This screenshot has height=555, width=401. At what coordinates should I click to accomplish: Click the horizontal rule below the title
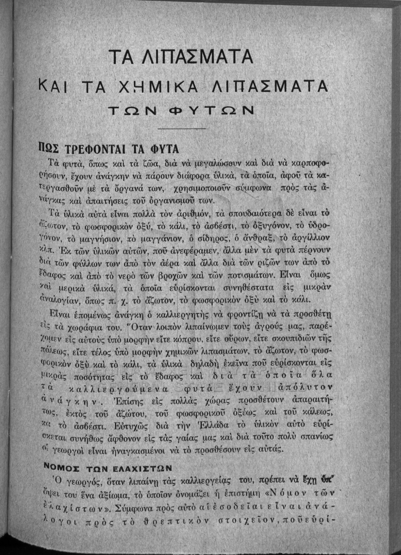coord(181,128)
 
